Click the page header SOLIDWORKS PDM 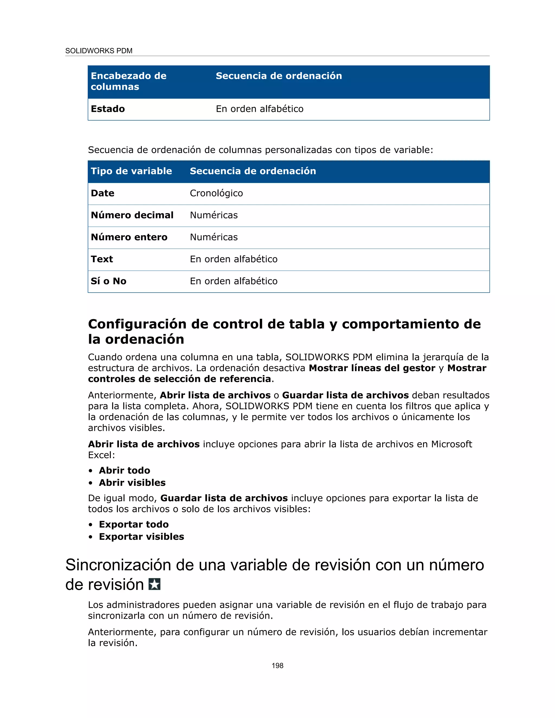(x=99, y=51)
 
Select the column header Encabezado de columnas (x=128, y=81)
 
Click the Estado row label (x=108, y=109)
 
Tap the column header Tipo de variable (x=131, y=171)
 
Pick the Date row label (x=103, y=193)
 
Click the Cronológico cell (x=216, y=193)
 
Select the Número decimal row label (x=132, y=215)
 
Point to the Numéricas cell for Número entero (x=214, y=237)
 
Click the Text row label (x=102, y=259)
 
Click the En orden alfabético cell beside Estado (x=259, y=109)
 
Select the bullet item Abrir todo (x=124, y=470)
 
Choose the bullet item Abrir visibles (x=132, y=483)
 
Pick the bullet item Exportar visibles (x=141, y=536)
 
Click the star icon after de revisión (x=154, y=584)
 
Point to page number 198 (x=277, y=665)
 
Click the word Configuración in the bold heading (x=137, y=324)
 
